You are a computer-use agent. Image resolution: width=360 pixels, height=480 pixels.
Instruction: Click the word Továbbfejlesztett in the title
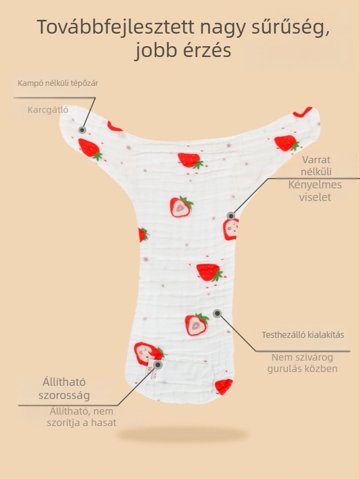(x=116, y=27)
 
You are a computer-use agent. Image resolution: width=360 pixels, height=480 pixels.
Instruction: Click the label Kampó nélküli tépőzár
(x=58, y=83)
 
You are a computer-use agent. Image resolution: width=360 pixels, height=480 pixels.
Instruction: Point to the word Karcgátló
(x=48, y=110)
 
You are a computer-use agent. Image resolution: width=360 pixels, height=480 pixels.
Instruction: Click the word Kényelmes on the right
(x=315, y=185)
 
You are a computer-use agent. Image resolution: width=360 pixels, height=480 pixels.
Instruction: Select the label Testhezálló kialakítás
(x=303, y=335)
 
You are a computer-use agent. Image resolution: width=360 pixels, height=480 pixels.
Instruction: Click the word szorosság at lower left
(x=64, y=395)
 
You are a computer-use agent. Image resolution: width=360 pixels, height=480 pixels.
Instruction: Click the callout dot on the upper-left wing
(x=82, y=130)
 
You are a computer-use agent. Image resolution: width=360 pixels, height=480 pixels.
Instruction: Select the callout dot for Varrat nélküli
(x=231, y=216)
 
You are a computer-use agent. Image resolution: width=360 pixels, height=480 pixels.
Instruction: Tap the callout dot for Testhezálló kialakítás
(x=217, y=313)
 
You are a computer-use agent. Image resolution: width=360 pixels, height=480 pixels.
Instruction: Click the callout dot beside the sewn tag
(x=158, y=365)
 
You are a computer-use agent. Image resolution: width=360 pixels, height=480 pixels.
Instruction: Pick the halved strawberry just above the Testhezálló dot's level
(x=197, y=324)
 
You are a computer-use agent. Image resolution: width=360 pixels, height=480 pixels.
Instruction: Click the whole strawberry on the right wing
(x=287, y=143)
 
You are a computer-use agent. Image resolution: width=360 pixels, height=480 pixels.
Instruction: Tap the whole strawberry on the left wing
(x=90, y=149)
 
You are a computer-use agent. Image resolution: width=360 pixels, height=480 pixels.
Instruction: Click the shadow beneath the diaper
(x=183, y=434)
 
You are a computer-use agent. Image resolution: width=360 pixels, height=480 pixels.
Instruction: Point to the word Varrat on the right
(x=316, y=160)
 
